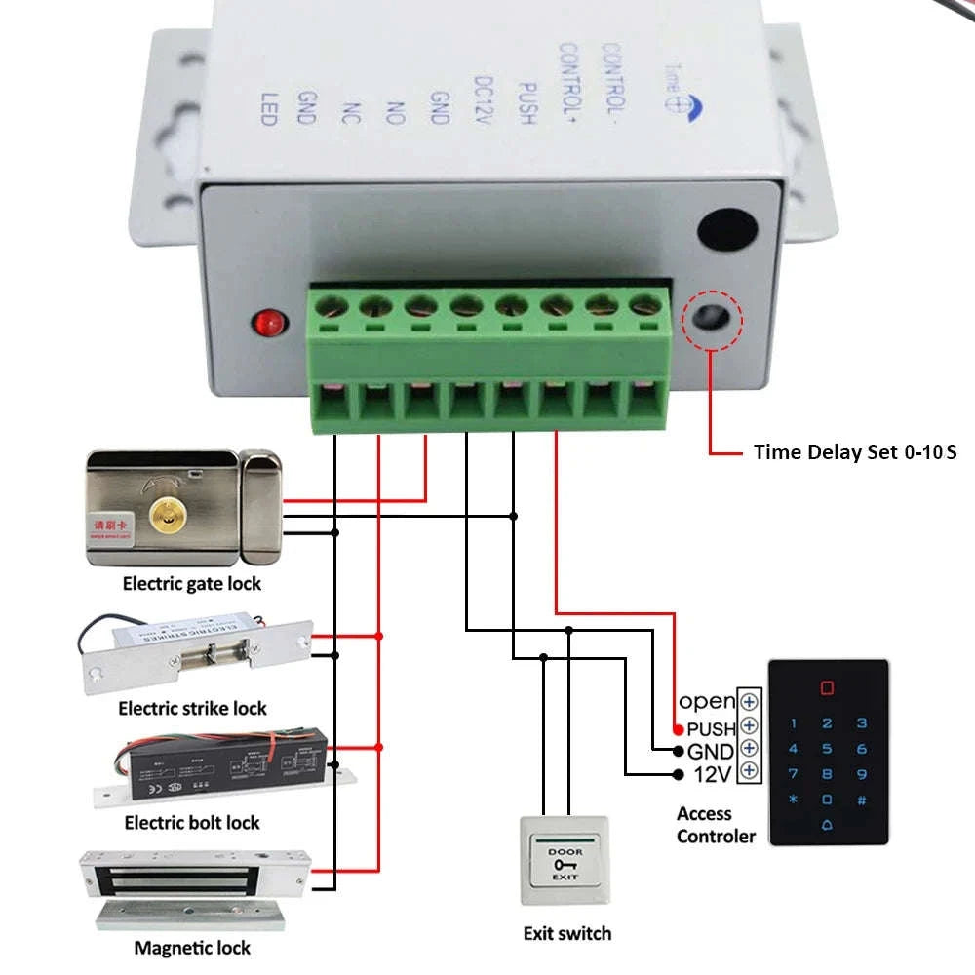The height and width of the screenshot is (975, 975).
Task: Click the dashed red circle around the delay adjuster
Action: pos(713,318)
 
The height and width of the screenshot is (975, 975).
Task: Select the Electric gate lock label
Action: pos(192,584)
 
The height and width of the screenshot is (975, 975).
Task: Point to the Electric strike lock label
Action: pos(192,708)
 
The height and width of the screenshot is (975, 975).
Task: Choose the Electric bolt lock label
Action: pos(192,823)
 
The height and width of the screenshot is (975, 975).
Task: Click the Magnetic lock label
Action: pos(192,947)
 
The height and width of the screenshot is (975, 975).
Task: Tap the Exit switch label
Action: pos(567,933)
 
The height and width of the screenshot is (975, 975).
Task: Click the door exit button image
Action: pos(565,859)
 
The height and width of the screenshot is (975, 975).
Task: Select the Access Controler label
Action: pos(716,825)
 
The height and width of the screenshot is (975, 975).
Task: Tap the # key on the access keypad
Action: pos(861,799)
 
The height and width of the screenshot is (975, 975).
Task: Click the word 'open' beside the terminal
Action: pos(707,701)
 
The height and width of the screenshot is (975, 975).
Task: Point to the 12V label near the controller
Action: pos(713,774)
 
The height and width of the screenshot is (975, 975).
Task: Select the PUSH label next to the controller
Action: pos(711,728)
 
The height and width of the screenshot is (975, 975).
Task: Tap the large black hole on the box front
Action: pos(728,230)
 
